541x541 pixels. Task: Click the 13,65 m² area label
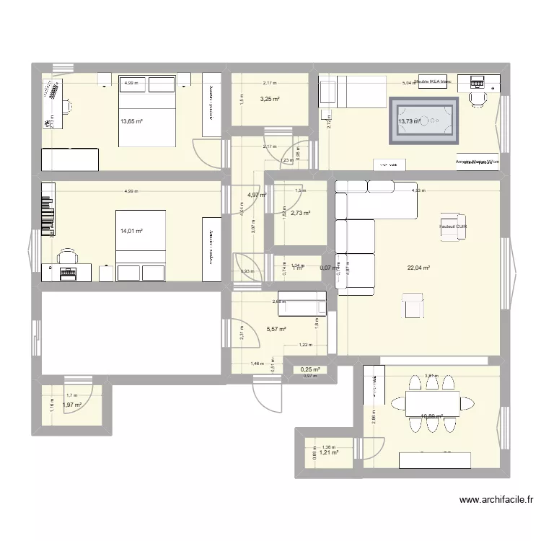pos(131,122)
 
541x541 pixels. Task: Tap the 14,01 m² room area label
pos(131,232)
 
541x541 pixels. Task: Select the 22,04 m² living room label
pos(418,268)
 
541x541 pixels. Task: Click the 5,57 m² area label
pos(276,330)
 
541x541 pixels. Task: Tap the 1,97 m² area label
pos(72,405)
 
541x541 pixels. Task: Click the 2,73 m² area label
pos(301,214)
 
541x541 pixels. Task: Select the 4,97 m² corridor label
pos(258,195)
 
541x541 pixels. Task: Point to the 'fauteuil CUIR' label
pos(453,226)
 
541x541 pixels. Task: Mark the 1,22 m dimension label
pos(305,345)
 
